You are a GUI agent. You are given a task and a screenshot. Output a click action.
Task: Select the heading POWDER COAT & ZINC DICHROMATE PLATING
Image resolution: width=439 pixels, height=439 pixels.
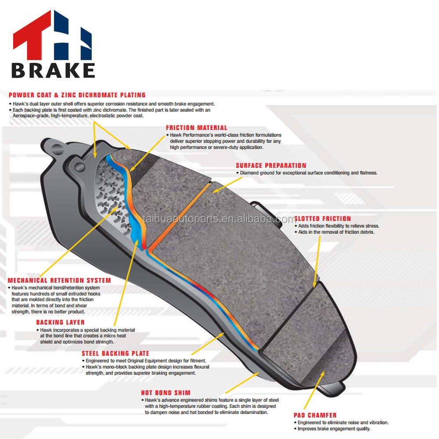77,95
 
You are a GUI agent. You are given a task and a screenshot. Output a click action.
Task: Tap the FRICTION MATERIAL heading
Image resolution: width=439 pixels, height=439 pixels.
196,128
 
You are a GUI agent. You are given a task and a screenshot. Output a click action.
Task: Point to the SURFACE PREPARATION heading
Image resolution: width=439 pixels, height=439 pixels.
271,166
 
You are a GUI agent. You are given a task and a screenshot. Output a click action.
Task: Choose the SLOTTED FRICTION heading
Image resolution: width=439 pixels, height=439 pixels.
323,219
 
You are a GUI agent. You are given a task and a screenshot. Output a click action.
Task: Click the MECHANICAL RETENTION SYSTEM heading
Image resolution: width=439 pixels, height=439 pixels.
59,281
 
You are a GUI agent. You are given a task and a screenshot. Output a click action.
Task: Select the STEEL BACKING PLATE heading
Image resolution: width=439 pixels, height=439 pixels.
115,353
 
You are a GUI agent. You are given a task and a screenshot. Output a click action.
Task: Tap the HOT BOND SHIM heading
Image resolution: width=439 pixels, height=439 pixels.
166,392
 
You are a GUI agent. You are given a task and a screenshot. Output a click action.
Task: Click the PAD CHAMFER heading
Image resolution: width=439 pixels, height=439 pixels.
315,415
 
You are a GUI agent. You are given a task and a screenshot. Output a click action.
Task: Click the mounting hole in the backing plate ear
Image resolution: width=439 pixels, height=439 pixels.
79,167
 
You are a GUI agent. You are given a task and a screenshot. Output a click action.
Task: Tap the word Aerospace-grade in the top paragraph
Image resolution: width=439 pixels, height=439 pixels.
30,116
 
